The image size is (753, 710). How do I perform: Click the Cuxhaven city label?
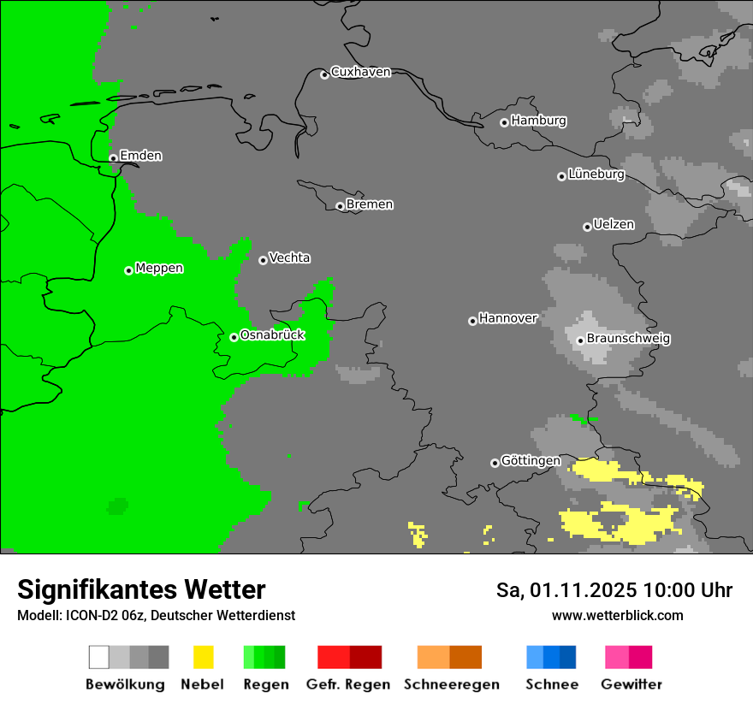point(360,72)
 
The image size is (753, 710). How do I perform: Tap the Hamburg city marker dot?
point(504,122)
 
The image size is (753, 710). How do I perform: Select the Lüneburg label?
point(596,175)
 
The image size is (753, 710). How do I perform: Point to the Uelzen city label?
point(614,225)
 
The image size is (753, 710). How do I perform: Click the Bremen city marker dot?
point(340,206)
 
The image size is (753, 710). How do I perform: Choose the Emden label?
point(140,156)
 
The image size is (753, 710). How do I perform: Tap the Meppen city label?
point(159,269)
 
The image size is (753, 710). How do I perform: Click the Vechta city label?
point(289,258)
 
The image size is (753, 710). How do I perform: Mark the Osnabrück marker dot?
point(234,337)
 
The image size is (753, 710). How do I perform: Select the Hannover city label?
point(508,318)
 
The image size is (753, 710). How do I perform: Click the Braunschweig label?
point(628,339)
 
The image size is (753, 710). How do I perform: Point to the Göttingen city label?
point(531,461)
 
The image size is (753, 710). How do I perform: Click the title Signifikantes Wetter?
point(141,590)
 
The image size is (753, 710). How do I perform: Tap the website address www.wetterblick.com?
point(617,615)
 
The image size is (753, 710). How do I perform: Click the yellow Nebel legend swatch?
point(203,657)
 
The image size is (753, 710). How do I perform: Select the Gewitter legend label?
point(631,684)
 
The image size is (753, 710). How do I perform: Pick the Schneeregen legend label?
point(452,684)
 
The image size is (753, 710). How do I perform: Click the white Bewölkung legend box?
point(99,657)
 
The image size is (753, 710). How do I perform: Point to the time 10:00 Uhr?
point(688,590)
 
